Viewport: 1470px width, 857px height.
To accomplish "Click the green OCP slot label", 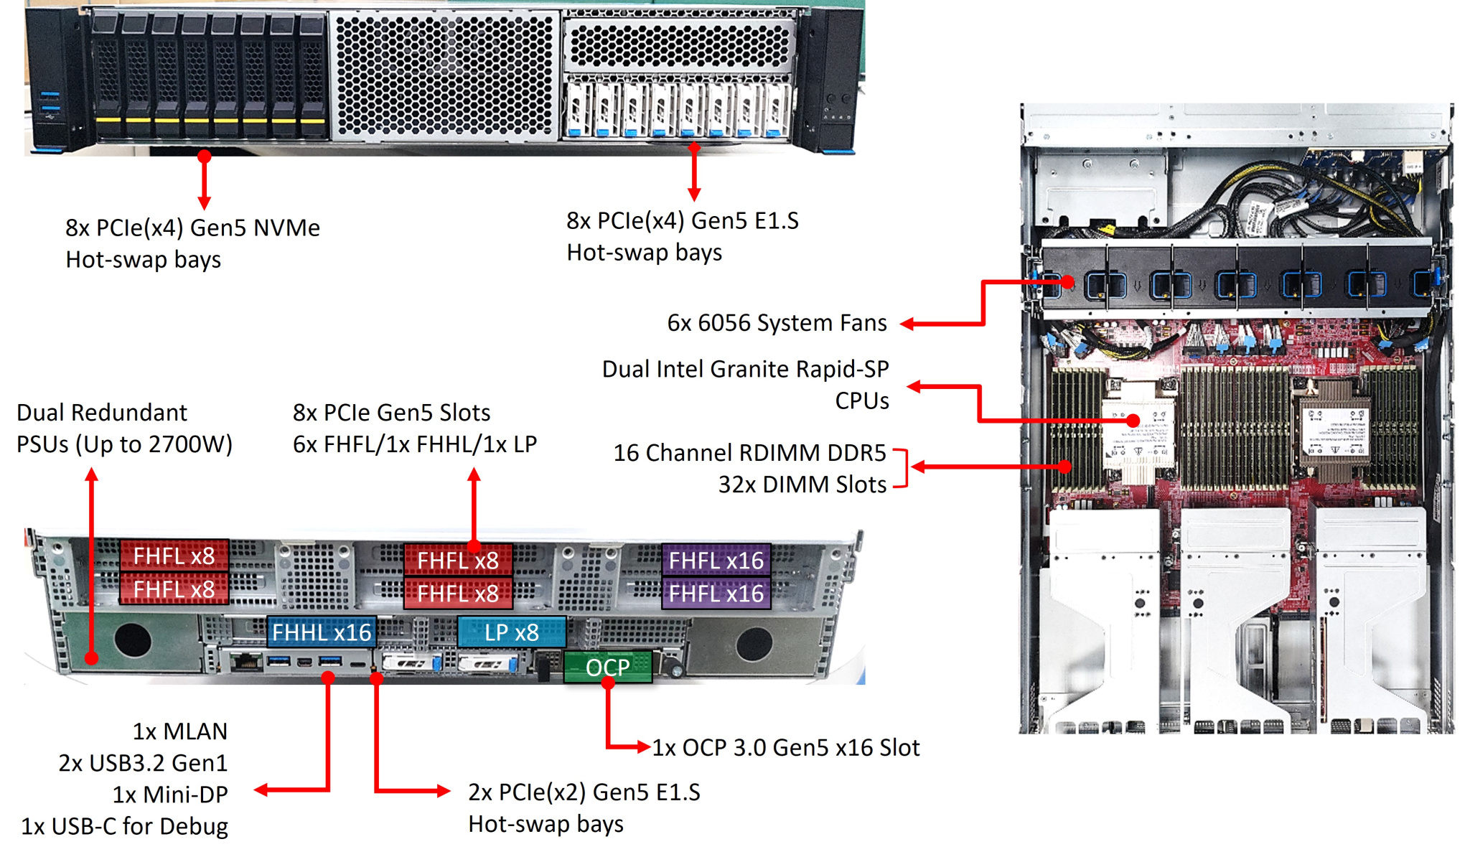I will pyautogui.click(x=607, y=668).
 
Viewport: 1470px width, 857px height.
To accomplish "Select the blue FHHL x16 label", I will pyautogui.click(x=321, y=632).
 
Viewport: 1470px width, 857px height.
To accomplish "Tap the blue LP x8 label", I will pyautogui.click(x=511, y=632).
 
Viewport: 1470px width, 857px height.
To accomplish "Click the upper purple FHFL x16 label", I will pyautogui.click(x=716, y=561).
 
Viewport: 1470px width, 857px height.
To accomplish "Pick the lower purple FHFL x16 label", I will pyautogui.click(x=716, y=594).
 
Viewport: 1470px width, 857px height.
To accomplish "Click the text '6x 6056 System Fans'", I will pyautogui.click(x=777, y=323).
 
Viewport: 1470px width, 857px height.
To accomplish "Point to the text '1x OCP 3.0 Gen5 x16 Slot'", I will pyautogui.click(x=785, y=748).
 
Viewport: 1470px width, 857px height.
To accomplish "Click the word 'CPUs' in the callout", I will pyautogui.click(x=861, y=401).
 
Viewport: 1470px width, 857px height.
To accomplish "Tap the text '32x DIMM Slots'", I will pyautogui.click(x=802, y=484).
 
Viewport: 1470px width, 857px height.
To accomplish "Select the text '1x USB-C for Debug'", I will pyautogui.click(x=124, y=826).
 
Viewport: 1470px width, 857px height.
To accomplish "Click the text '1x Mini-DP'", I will pyautogui.click(x=169, y=795).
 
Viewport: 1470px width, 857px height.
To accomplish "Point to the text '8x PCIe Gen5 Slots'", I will pyautogui.click(x=391, y=413).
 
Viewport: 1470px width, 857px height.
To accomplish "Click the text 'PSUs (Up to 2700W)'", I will pyautogui.click(x=124, y=444).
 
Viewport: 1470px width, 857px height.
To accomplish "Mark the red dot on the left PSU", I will pyautogui.click(x=91, y=657).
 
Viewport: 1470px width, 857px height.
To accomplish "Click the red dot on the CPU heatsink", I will pyautogui.click(x=1133, y=421).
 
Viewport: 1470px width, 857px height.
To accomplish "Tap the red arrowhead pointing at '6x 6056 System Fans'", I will pyautogui.click(x=907, y=324).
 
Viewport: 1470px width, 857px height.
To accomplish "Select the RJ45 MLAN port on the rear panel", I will pyautogui.click(x=248, y=660).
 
